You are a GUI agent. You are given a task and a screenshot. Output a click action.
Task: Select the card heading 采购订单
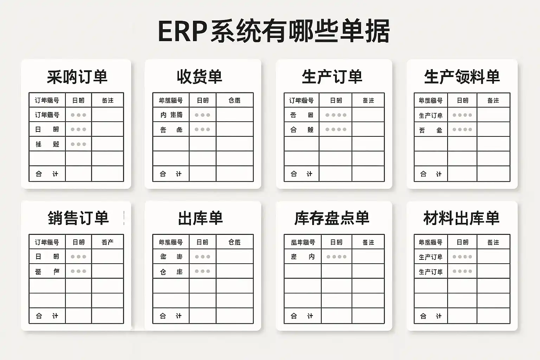77,77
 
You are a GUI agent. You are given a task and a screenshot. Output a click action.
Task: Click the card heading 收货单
200,77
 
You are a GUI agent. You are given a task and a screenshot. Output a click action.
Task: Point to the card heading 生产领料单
462,77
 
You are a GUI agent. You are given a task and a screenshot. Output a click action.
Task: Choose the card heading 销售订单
78,218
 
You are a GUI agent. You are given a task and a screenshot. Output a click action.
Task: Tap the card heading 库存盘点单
332,218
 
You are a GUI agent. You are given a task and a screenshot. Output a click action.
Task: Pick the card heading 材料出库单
461,218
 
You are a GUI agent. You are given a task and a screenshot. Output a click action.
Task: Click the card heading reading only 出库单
200,218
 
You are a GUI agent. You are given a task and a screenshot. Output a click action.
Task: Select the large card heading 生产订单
332,77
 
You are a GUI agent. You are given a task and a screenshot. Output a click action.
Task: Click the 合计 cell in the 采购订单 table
47,174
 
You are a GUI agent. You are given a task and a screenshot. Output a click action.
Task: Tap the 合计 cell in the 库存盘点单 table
302,316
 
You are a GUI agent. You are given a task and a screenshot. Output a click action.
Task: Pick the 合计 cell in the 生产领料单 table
431,174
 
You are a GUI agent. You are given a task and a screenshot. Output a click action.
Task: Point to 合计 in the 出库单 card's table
171,316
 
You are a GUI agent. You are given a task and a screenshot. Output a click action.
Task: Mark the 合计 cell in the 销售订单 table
47,316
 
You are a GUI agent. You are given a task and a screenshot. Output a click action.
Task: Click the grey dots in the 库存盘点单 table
336,257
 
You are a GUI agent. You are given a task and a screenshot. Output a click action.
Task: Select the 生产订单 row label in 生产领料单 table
431,115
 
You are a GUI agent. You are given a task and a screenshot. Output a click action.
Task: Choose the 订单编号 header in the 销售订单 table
47,242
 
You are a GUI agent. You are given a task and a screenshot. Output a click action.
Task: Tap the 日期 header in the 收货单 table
202,101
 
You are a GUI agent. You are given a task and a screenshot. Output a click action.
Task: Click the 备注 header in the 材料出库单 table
493,242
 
